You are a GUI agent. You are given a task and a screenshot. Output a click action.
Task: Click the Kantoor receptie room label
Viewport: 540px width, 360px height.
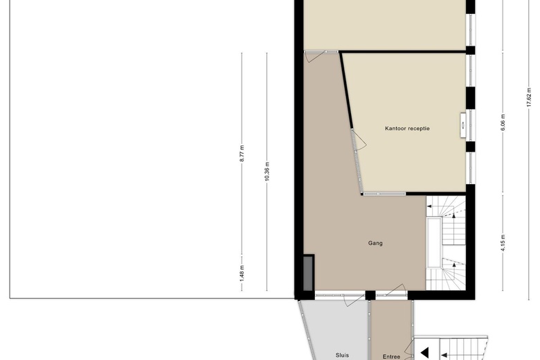pos(407,129)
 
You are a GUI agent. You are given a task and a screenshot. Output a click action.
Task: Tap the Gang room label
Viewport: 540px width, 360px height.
pos(375,243)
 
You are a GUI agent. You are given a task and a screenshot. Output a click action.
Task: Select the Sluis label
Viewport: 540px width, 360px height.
pos(342,355)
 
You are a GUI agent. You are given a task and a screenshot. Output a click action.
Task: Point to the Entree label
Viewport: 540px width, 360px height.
pos(391,357)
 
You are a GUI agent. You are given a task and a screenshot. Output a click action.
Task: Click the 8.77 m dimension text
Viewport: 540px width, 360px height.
pos(242,153)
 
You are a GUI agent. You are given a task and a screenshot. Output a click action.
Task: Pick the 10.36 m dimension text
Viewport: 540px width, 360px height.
pos(267,171)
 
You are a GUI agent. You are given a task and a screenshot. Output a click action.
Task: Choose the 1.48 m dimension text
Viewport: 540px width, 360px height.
pos(242,273)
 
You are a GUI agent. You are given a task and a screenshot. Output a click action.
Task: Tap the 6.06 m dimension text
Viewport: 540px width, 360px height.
pos(503,123)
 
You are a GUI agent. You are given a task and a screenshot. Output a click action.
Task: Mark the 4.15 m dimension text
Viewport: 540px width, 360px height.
pos(503,243)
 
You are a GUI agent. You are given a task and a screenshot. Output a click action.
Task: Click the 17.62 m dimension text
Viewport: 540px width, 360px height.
pos(529,98)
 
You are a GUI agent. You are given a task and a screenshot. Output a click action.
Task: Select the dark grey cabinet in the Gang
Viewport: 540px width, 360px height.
pos(308,273)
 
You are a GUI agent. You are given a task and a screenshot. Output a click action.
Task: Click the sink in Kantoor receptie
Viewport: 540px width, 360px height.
pos(463,125)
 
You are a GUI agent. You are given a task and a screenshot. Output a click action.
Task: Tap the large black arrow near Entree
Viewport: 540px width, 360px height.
pos(424,353)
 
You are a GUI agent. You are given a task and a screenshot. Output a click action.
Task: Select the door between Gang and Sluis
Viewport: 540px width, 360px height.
pos(354,300)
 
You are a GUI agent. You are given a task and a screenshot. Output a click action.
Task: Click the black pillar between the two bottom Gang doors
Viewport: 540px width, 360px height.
pos(370,295)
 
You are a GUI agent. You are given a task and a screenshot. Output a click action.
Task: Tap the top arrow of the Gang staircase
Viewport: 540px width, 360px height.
pos(429,206)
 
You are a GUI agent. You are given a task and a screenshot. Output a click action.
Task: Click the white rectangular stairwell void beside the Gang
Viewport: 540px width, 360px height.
pos(434,242)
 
